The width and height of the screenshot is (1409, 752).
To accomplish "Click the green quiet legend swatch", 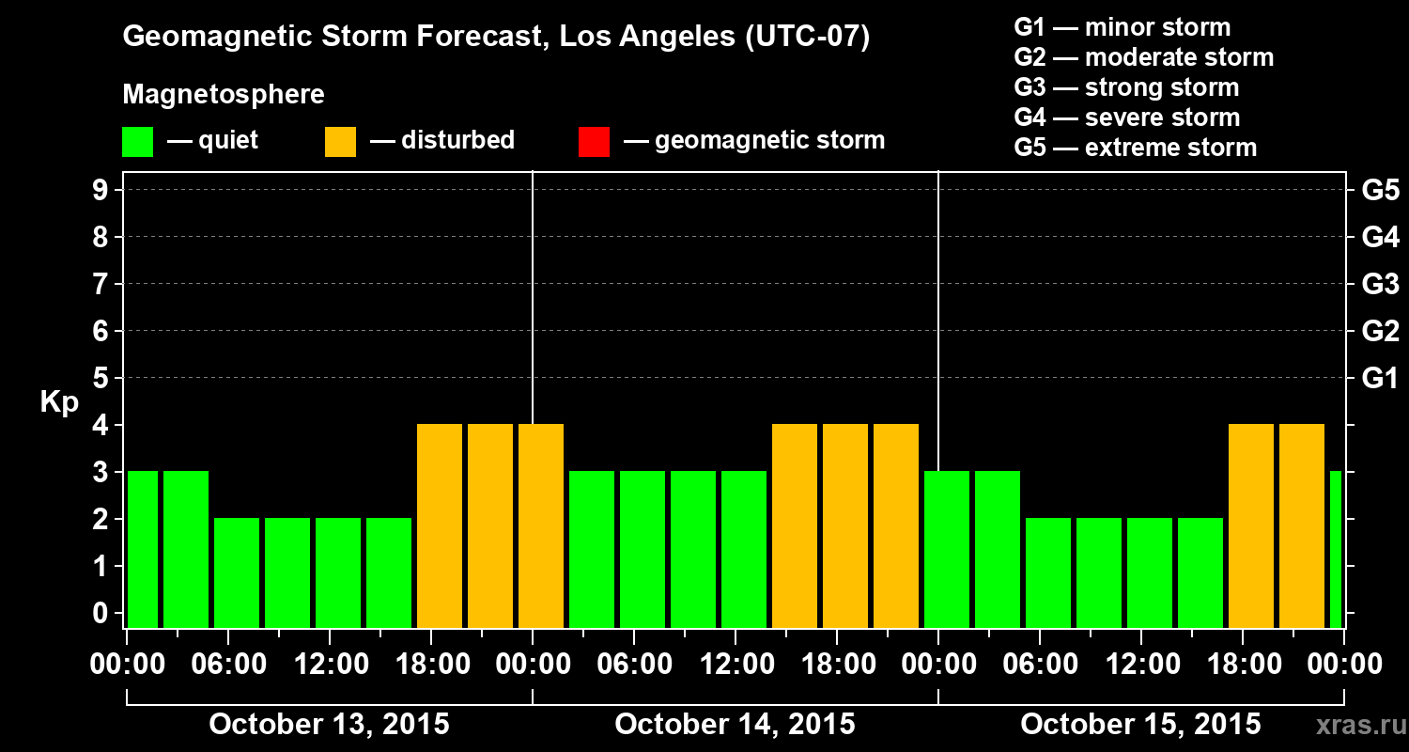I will tap(137, 141).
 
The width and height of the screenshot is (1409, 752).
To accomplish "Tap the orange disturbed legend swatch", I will tap(340, 141).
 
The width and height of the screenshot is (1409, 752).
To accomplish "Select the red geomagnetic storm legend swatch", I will tap(594, 141).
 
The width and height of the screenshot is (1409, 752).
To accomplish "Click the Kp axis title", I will tap(59, 401).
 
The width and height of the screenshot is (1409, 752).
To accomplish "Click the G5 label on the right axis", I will tap(1380, 191).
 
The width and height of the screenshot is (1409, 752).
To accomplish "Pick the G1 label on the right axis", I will tap(1380, 379).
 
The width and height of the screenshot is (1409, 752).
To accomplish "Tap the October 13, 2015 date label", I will tap(329, 724).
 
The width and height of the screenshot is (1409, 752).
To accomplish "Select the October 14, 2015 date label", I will tap(735, 724).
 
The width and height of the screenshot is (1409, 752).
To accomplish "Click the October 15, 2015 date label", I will tap(1140, 724).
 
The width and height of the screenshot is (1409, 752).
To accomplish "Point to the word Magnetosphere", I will tap(224, 95).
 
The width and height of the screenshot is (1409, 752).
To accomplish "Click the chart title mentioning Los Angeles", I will tap(496, 38).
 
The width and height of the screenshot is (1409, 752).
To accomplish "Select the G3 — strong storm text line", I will tap(1126, 87).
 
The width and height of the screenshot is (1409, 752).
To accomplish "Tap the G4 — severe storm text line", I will tap(1127, 117).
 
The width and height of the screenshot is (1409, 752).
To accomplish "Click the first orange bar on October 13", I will tap(440, 525).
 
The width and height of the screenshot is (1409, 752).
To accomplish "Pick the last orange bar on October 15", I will tap(1302, 525).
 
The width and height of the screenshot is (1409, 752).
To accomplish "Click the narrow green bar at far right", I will tap(1336, 549).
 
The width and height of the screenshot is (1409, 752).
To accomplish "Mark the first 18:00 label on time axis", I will tap(430, 665).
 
